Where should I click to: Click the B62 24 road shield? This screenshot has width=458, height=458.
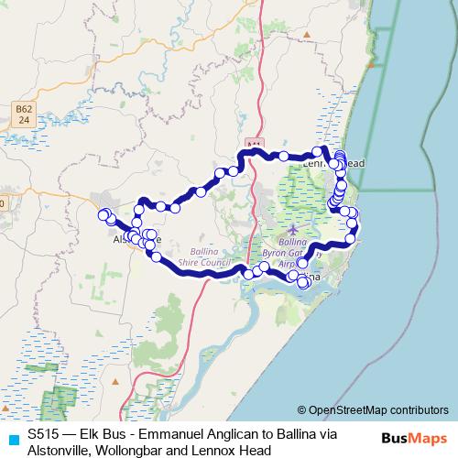click(24, 114)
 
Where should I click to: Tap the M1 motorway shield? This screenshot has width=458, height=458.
click(255, 144)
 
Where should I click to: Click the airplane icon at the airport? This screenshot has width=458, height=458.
click(292, 229)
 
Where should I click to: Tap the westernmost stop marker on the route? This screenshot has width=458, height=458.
click(104, 214)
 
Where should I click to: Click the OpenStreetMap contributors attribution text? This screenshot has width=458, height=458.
click(377, 410)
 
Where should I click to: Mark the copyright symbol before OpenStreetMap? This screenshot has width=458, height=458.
click(302, 410)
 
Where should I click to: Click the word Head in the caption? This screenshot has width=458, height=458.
click(256, 450)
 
